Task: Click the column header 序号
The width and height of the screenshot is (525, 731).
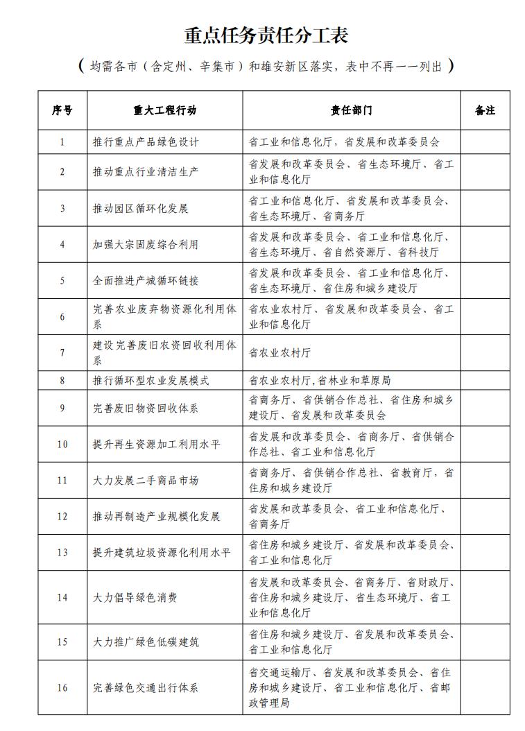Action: [62, 110]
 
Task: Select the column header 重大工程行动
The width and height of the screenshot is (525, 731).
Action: [165, 110]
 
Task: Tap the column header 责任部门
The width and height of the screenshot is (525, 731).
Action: [351, 110]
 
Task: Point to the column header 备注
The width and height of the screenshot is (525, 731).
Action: [485, 110]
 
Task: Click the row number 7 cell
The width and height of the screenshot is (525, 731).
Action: [62, 353]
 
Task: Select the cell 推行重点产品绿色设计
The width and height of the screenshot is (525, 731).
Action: [146, 142]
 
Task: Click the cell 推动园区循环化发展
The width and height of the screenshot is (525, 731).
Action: [140, 208]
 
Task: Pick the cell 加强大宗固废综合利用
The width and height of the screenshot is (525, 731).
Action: [146, 245]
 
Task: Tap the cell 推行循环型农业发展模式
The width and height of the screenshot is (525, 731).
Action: [151, 381]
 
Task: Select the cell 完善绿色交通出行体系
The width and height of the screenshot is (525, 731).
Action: [146, 688]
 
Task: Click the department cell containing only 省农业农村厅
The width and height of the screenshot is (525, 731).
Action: [280, 353]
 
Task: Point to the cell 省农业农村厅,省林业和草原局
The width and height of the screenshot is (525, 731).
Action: [320, 381]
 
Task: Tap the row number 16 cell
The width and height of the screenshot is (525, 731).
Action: [62, 688]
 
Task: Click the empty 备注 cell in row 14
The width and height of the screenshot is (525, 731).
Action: [485, 597]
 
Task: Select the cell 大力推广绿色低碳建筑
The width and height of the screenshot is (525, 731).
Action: [146, 642]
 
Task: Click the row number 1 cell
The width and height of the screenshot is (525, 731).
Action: [62, 142]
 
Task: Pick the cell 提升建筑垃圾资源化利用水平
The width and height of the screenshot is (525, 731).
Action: [162, 553]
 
